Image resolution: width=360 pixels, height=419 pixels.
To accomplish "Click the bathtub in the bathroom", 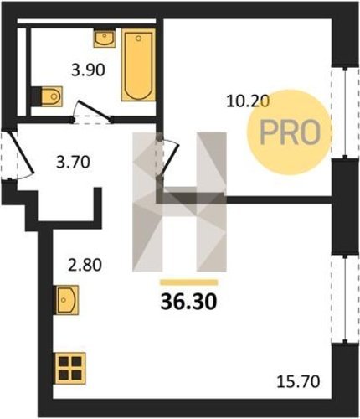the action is click(x=138, y=65).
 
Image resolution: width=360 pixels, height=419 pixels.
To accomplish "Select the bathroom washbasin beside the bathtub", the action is click(x=105, y=38).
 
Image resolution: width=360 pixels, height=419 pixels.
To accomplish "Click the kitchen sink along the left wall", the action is click(x=66, y=300).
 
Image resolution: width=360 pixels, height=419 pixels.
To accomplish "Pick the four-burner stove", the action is click(x=70, y=368).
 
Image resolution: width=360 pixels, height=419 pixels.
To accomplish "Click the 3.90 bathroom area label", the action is click(x=88, y=70).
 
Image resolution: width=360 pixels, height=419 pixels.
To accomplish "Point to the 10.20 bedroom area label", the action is click(x=248, y=101).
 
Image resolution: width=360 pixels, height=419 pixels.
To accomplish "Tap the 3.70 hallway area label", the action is click(x=73, y=163).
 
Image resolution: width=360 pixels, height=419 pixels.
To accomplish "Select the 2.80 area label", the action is click(x=85, y=265).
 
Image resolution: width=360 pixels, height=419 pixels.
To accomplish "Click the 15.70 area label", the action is click(x=298, y=382).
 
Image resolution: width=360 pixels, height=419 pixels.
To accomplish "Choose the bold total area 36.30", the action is click(x=188, y=302).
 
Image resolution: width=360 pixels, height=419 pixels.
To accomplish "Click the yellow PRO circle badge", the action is click(x=290, y=132).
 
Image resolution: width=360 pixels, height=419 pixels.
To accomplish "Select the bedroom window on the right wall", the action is click(x=345, y=112).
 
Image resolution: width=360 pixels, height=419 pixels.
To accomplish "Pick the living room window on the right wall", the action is click(x=345, y=299).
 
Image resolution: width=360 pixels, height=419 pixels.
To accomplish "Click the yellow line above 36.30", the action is click(x=188, y=282).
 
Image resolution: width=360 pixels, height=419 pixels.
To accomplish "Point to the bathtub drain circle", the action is click(x=138, y=39).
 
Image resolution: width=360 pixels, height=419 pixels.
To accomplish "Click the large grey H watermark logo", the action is click(x=179, y=202).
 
